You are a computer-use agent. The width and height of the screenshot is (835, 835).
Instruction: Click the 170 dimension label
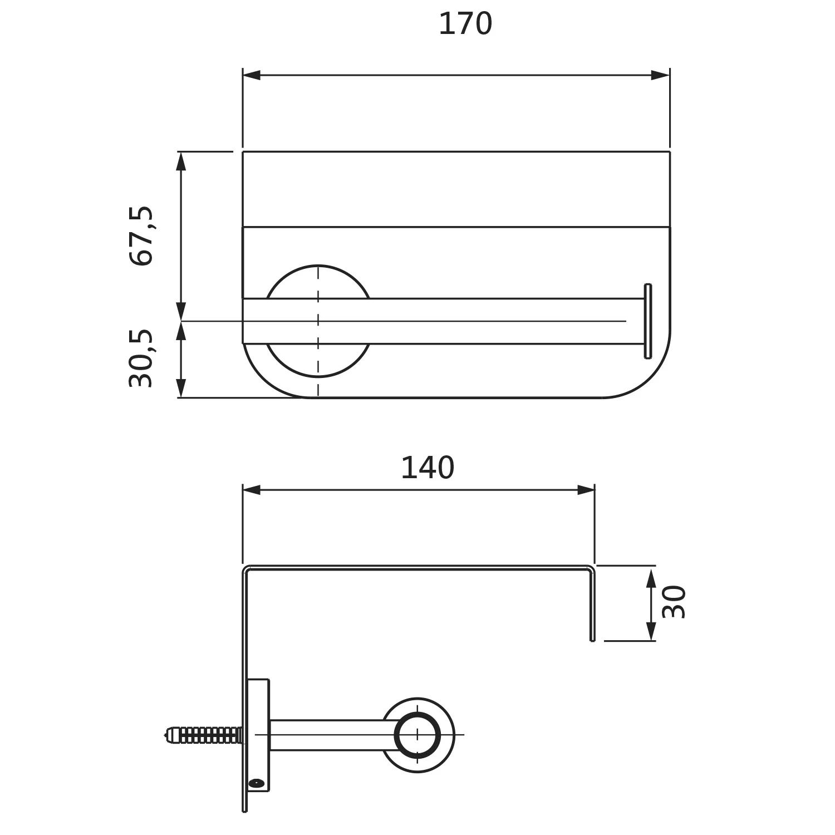coord(465,24)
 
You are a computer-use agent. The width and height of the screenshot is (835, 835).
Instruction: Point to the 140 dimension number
coord(428,468)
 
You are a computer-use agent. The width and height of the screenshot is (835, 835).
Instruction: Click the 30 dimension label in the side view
coord(674,602)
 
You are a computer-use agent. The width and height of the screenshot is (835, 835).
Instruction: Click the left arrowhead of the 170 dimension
coord(252,75)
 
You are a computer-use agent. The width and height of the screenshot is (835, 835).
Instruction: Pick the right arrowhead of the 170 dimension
coord(661,75)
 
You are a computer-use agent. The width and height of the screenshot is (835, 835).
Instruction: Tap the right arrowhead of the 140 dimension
coord(586,490)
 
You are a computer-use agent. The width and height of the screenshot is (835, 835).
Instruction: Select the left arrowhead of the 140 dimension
coord(252,490)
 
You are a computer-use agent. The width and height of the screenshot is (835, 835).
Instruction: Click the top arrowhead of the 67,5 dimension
coord(181,161)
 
